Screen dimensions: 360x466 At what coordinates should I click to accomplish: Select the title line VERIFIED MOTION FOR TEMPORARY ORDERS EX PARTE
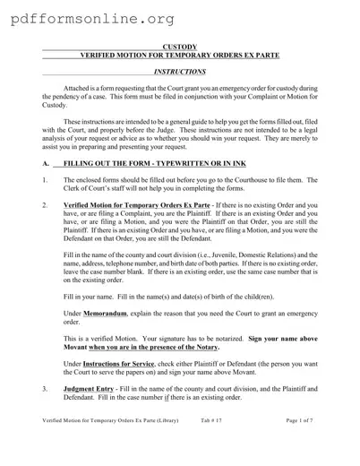[180, 55]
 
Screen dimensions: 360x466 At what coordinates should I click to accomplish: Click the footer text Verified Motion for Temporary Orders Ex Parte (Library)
[112, 445]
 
